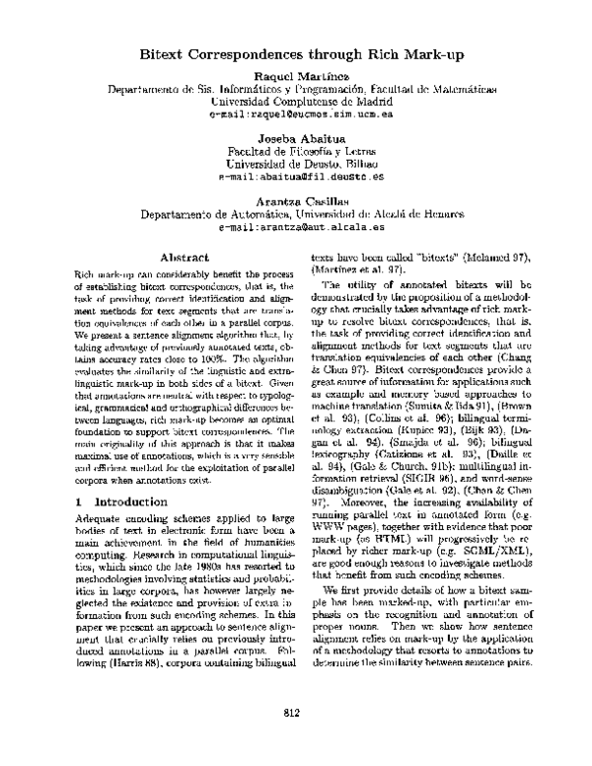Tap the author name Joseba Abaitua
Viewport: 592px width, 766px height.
coord(296,138)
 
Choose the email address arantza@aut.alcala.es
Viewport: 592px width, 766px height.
coord(296,226)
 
